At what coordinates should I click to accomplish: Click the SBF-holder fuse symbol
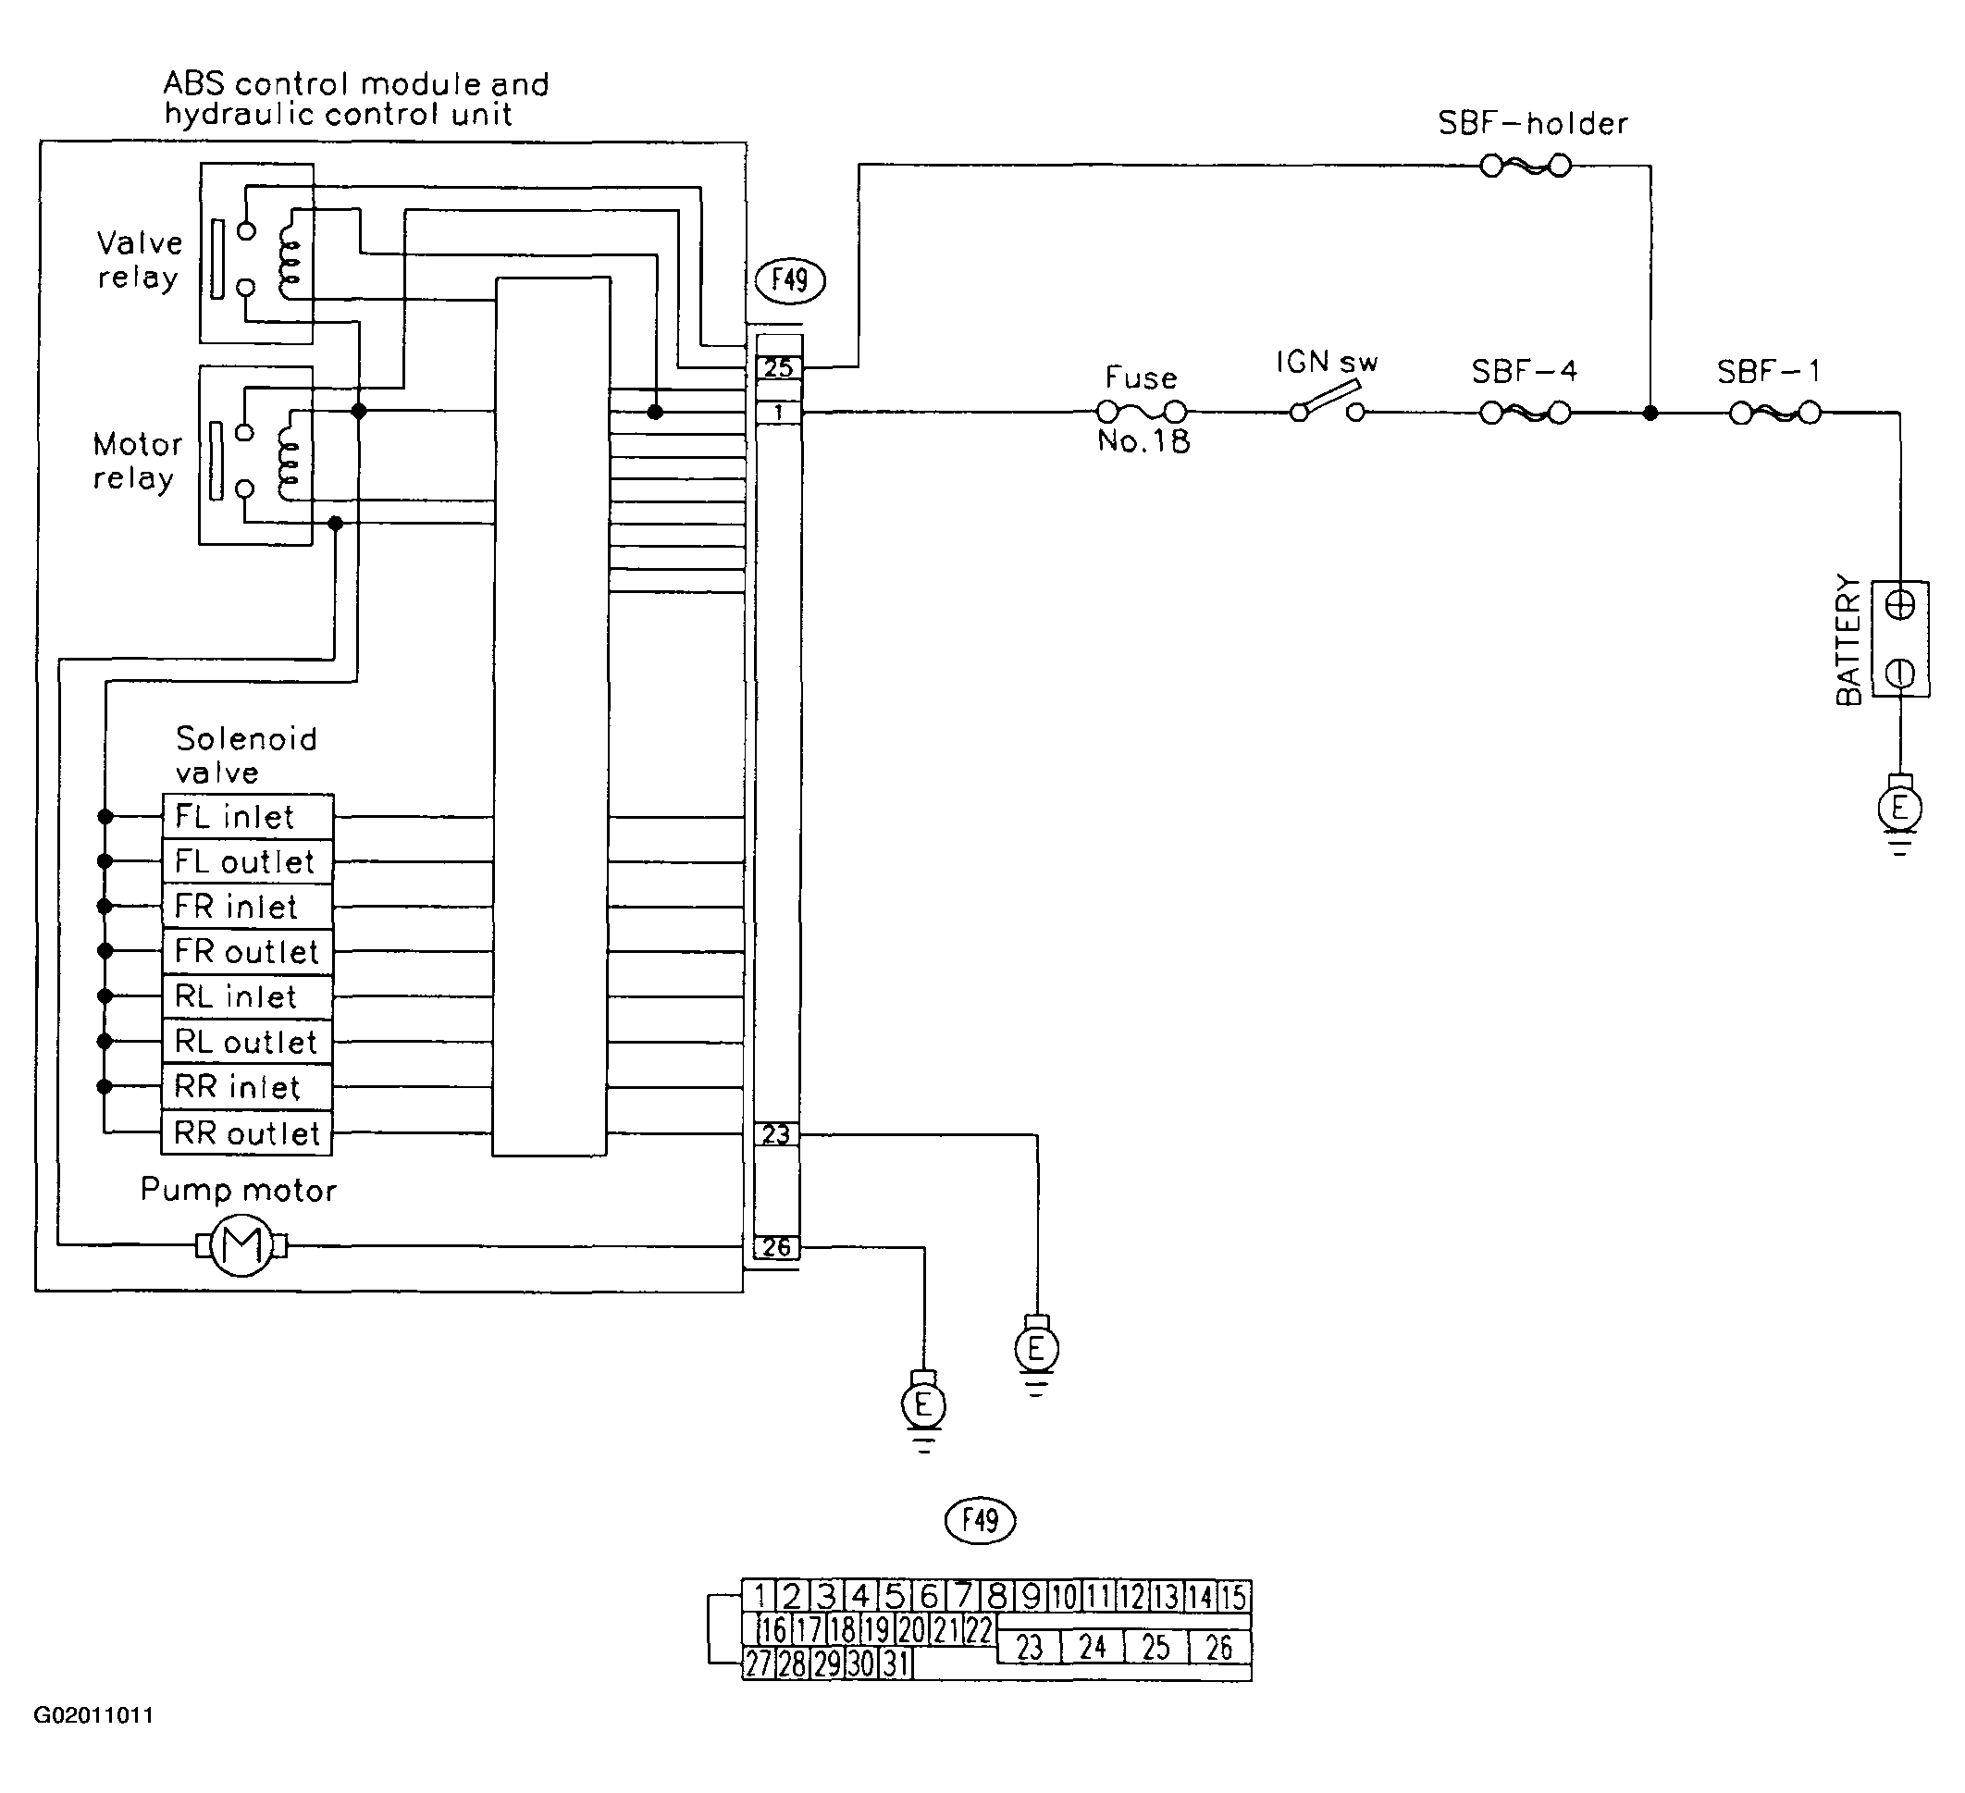click(x=1526, y=166)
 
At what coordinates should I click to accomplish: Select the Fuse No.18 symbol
click(x=1142, y=413)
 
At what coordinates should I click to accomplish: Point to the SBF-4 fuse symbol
click(x=1526, y=414)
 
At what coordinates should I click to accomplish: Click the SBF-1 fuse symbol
click(x=1775, y=414)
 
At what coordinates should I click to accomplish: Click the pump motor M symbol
click(x=241, y=1245)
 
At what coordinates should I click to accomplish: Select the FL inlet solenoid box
click(x=248, y=816)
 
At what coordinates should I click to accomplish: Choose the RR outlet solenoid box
click(x=248, y=1133)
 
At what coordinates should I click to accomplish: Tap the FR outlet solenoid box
click(x=248, y=952)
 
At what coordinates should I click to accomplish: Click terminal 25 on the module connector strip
click(x=779, y=367)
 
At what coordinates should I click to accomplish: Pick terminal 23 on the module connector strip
click(x=777, y=1134)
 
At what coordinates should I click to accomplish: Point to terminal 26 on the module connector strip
click(x=777, y=1247)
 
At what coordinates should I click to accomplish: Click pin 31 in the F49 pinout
click(x=896, y=1663)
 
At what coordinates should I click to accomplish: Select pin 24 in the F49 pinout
click(x=1093, y=1647)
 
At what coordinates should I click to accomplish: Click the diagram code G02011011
click(x=93, y=1743)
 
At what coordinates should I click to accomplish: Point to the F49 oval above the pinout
click(x=981, y=1520)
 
